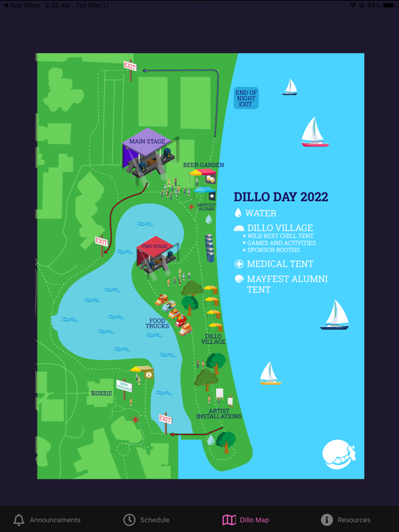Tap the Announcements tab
tap(47, 519)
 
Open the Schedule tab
tap(146, 519)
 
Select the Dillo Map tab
tap(246, 519)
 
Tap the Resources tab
tap(345, 519)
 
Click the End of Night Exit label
tap(246, 99)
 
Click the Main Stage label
tap(147, 141)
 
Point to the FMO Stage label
tap(154, 247)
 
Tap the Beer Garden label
tap(203, 165)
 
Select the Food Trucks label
tap(157, 324)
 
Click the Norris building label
tap(101, 394)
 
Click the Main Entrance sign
tap(124, 386)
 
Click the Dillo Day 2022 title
tap(281, 197)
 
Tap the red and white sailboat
tap(314, 133)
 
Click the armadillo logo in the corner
tap(339, 454)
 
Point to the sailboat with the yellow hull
tap(270, 374)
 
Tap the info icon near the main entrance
tap(149, 375)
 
